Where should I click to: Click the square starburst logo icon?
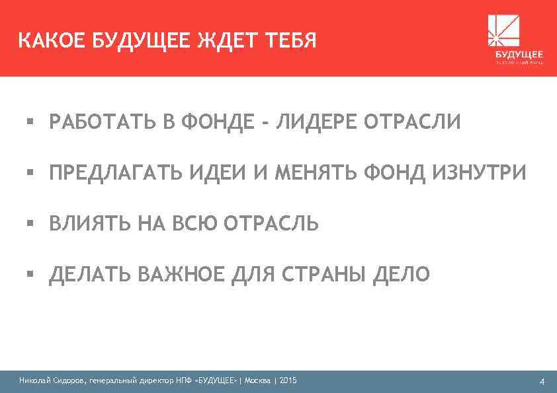503,30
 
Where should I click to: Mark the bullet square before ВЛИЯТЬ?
30,223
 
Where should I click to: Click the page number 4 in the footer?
542,381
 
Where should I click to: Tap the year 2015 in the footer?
288,380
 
